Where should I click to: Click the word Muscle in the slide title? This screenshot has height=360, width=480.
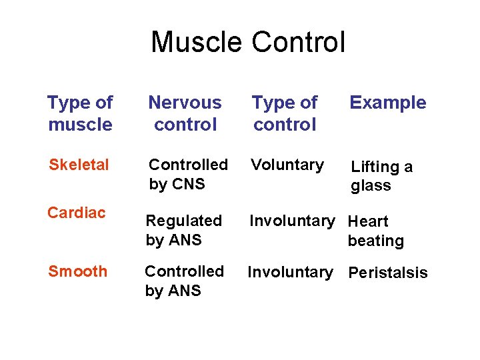point(197,42)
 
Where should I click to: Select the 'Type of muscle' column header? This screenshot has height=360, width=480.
point(80,113)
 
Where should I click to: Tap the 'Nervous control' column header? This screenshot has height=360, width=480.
point(185,113)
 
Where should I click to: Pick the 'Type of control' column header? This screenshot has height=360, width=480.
point(285,113)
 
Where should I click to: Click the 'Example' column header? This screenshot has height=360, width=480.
point(388,103)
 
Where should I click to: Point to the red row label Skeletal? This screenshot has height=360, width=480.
point(78,165)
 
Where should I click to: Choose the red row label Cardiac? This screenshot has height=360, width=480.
point(76,213)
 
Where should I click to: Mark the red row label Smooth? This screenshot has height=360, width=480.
point(77,271)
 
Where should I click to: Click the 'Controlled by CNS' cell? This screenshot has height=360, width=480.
point(187,174)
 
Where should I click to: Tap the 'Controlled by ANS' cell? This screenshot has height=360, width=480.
point(184,281)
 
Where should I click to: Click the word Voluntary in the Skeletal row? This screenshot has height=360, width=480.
point(287,165)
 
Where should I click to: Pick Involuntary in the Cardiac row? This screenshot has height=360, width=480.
point(292,221)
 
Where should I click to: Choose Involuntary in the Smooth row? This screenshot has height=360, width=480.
point(291,272)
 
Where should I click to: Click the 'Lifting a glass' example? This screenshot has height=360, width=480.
point(381,176)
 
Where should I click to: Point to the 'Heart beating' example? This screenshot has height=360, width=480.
point(375,231)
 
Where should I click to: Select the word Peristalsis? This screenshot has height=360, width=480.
point(388,273)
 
